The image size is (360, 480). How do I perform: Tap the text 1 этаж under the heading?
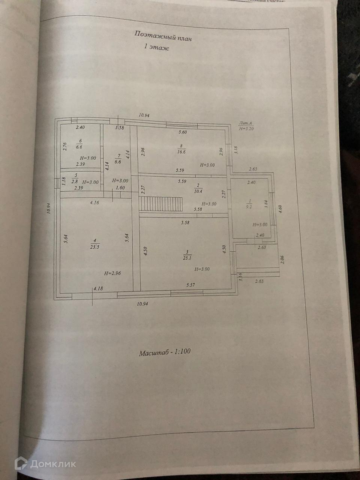(x=156, y=48)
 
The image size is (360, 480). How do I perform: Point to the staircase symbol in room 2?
(x=161, y=205)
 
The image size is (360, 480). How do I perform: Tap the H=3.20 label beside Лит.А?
(x=246, y=128)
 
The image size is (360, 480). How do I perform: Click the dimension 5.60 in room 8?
(x=183, y=132)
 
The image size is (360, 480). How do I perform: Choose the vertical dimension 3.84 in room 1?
(x=266, y=204)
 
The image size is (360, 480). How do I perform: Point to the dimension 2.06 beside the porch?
(x=282, y=259)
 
